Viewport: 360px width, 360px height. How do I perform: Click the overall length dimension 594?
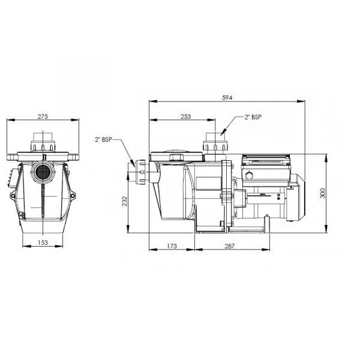227,97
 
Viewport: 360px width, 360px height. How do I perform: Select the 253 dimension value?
185,116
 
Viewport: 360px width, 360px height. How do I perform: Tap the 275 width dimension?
43,116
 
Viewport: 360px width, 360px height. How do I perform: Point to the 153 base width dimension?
43,242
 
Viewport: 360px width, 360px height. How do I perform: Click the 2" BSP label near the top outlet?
252,118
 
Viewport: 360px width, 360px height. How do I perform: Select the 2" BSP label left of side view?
103,140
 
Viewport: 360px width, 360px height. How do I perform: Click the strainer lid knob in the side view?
176,157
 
